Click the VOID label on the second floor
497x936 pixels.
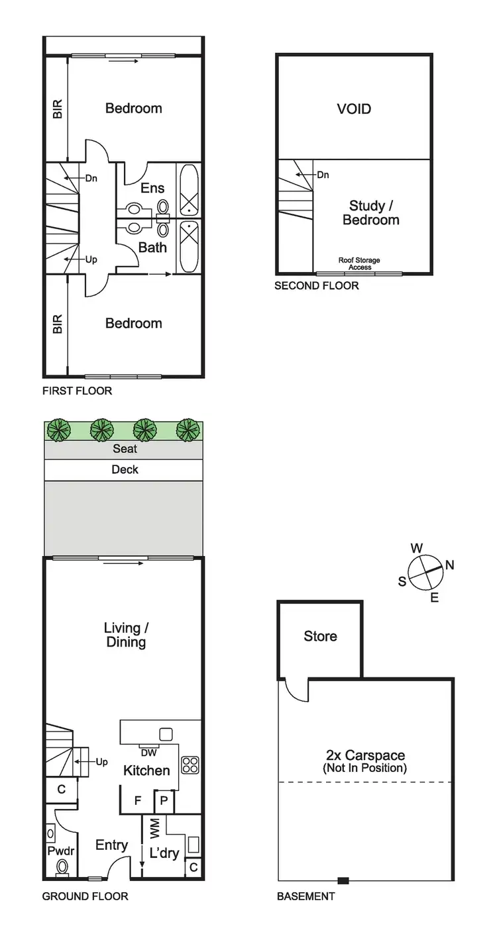pos(354,109)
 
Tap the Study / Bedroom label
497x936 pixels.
pos(370,212)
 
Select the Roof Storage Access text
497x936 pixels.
pos(359,263)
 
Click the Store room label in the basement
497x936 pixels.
pos(320,636)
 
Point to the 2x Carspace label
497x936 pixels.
pos(364,761)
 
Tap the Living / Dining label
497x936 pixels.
pos(125,634)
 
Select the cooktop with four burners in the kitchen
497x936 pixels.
pos(190,765)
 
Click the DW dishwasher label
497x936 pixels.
pos(148,751)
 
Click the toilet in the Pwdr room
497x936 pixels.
pos(63,867)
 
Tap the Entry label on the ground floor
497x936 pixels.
pos(111,845)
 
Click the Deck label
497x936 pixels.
pos(125,469)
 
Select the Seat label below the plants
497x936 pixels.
pos(125,449)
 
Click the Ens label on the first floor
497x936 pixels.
pos(152,188)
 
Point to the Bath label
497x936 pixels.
pos(152,248)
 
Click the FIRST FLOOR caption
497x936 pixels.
pos(77,391)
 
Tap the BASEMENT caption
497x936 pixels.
pos(305,896)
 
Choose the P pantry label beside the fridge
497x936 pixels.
pos(163,801)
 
